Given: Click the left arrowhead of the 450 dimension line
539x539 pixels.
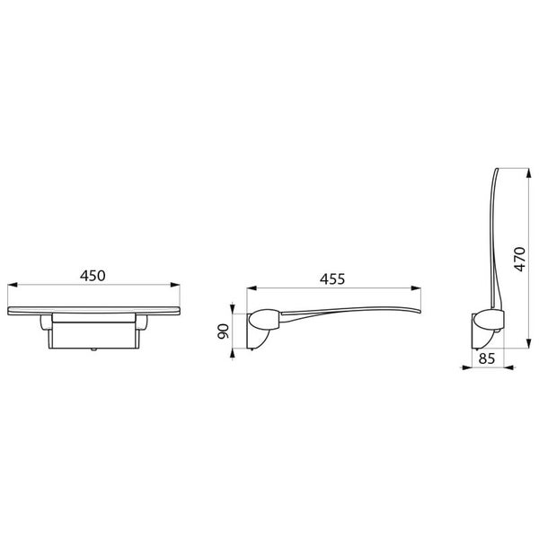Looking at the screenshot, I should [11, 288].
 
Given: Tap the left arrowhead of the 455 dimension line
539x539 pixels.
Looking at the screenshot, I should [249, 288].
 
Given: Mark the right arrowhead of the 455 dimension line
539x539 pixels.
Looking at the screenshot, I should [420, 288].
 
